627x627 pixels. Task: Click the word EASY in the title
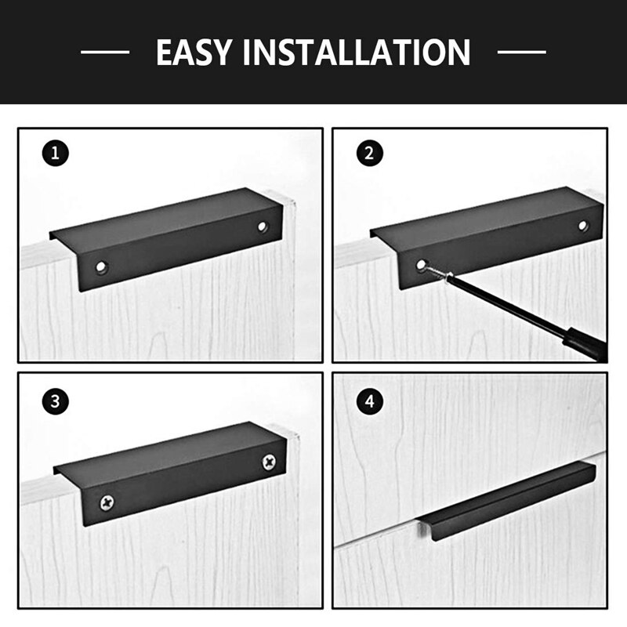tap(197, 53)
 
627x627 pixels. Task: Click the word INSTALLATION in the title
tap(358, 53)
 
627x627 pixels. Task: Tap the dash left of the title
tap(105, 53)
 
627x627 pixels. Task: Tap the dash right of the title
tap(521, 53)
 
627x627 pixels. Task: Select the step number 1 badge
tap(53, 153)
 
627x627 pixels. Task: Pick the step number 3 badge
tap(53, 401)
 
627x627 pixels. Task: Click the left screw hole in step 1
tap(101, 268)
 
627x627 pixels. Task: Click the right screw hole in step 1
tap(262, 227)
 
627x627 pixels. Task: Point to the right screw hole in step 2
tap(582, 226)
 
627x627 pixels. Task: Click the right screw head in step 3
tap(270, 461)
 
